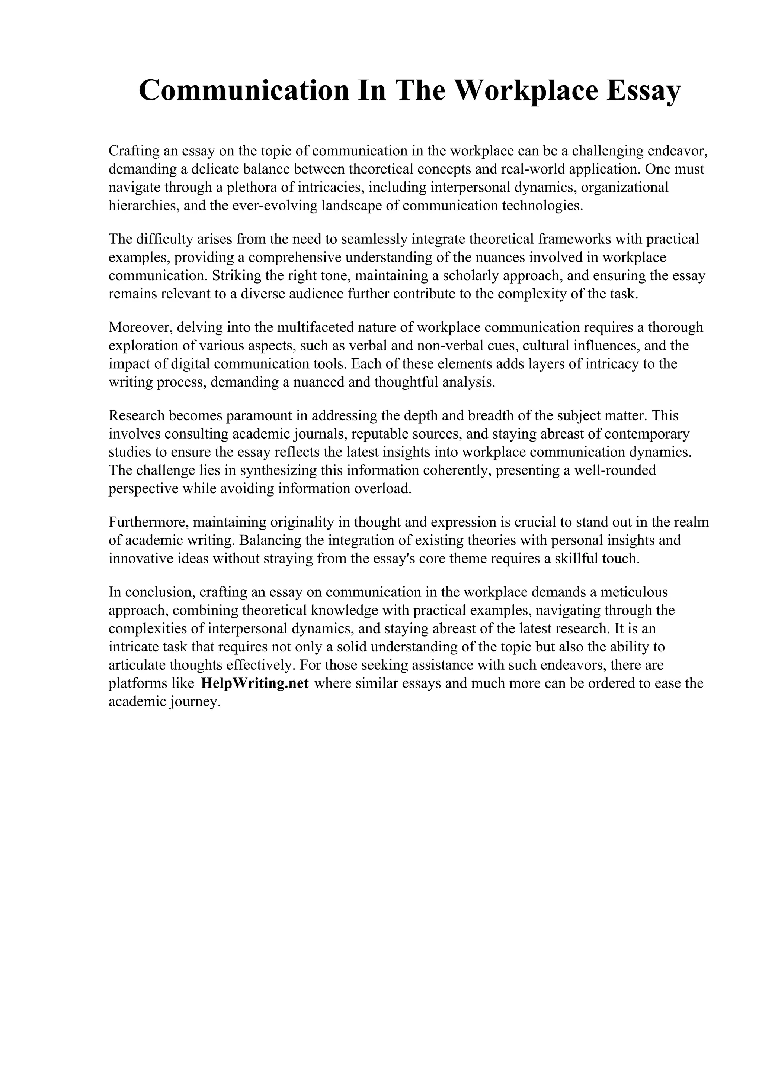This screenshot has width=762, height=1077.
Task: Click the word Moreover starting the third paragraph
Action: click(x=140, y=327)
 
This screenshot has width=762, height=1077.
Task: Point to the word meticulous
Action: click(x=631, y=592)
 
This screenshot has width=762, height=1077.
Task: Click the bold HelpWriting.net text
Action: click(x=254, y=683)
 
